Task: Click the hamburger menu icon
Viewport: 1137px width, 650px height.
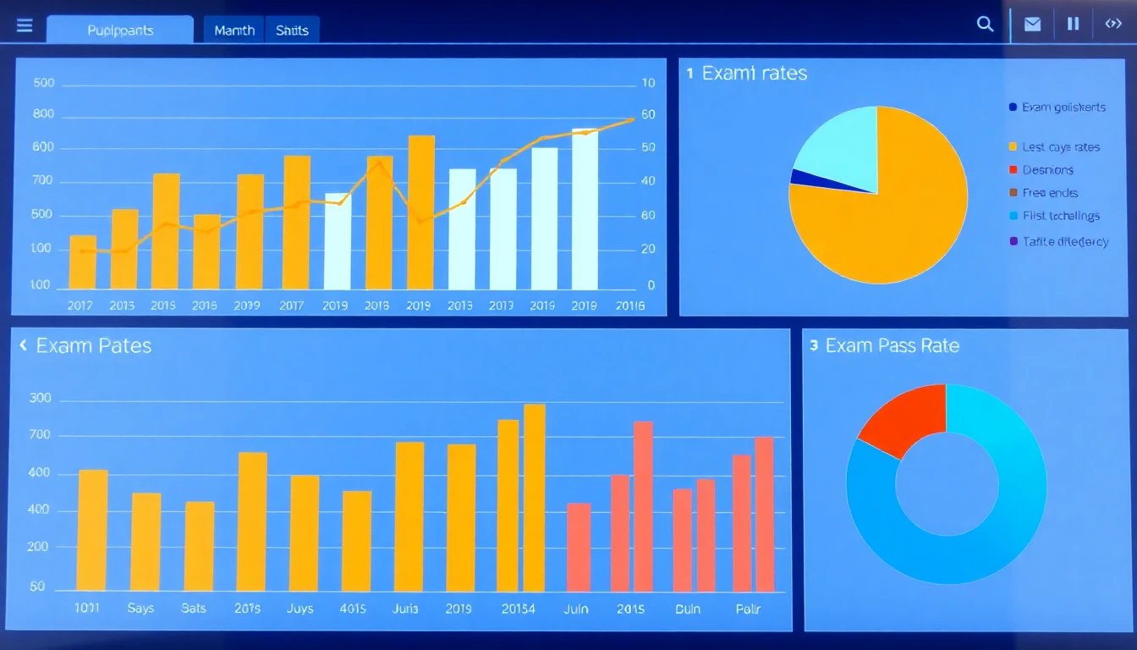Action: click(25, 26)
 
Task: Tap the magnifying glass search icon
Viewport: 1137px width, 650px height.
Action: click(985, 25)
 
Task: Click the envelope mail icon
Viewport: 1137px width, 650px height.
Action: click(1032, 25)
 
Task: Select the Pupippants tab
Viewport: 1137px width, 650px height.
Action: click(120, 30)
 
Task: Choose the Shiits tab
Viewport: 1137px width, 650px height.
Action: click(292, 30)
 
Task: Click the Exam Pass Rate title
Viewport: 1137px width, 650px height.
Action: click(892, 345)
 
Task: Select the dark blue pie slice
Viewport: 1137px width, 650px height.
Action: click(797, 177)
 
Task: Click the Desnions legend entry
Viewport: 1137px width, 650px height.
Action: click(1047, 170)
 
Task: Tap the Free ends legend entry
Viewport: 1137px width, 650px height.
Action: click(1049, 193)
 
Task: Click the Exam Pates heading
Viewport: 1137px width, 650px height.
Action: click(93, 345)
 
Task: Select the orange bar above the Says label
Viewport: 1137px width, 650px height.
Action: click(146, 542)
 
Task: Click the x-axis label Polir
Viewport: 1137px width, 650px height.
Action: click(749, 609)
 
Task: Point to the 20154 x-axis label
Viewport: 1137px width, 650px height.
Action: click(517, 609)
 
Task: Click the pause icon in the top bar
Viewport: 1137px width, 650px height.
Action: click(1073, 25)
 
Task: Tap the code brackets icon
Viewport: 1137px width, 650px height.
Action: click(1113, 25)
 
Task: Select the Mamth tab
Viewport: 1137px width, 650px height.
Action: click(234, 30)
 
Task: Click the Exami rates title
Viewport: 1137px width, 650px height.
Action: click(755, 74)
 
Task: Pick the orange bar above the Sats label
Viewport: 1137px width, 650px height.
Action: click(200, 546)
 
